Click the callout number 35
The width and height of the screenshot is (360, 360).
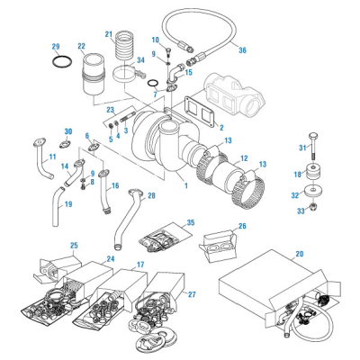tap(189, 222)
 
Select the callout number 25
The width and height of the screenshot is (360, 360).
tap(49, 246)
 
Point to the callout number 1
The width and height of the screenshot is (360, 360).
tap(184, 185)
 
